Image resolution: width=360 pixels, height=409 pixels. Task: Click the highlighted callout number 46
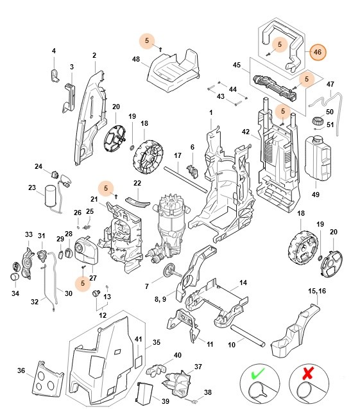point(317,52)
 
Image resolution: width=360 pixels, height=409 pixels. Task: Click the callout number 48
point(136,59)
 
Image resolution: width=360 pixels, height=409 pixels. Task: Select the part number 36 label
point(21,370)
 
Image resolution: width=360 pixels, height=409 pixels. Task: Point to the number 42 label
point(244,132)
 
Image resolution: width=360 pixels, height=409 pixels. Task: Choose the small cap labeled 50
point(316,121)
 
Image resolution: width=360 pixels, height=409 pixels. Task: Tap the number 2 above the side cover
point(94,55)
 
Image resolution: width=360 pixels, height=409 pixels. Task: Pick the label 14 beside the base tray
point(243,283)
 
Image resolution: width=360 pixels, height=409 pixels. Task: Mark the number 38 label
point(207,392)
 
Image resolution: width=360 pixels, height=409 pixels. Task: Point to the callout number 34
point(15,294)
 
